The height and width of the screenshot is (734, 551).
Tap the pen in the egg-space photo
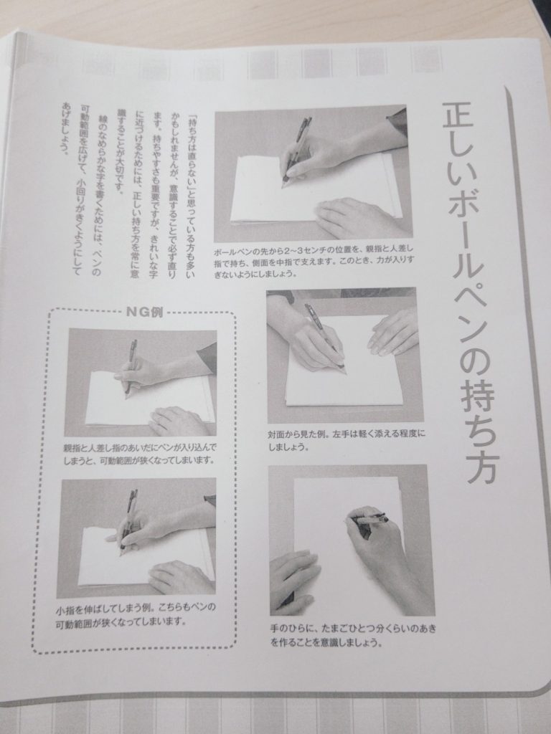368,520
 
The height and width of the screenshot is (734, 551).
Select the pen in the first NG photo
131,365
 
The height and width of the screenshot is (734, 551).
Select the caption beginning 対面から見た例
347,439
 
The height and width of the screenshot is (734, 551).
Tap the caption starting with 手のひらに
353,635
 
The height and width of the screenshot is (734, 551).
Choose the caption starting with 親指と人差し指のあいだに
141,453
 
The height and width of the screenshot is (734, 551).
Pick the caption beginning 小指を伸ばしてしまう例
136,614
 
